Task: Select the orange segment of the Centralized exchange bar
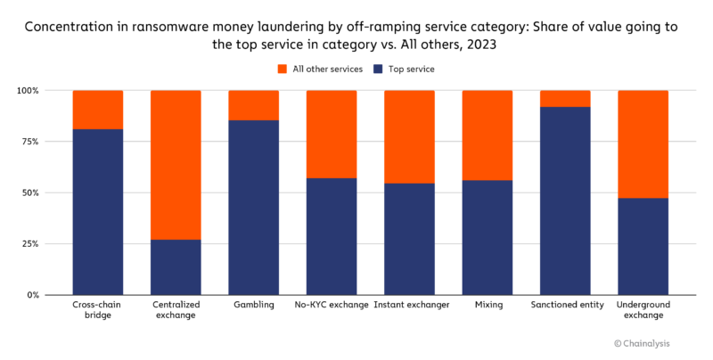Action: [x=176, y=165]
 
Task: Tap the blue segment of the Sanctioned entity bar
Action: [x=565, y=200]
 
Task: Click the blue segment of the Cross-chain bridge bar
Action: [x=98, y=211]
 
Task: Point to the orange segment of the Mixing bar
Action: [x=488, y=135]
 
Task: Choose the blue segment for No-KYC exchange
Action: [x=332, y=236]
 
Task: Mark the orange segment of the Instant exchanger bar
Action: [x=409, y=136]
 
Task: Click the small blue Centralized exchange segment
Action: [x=176, y=266]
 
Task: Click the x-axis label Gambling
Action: [x=253, y=306]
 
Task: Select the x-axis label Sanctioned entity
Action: [x=565, y=306]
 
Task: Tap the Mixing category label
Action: [x=488, y=306]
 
